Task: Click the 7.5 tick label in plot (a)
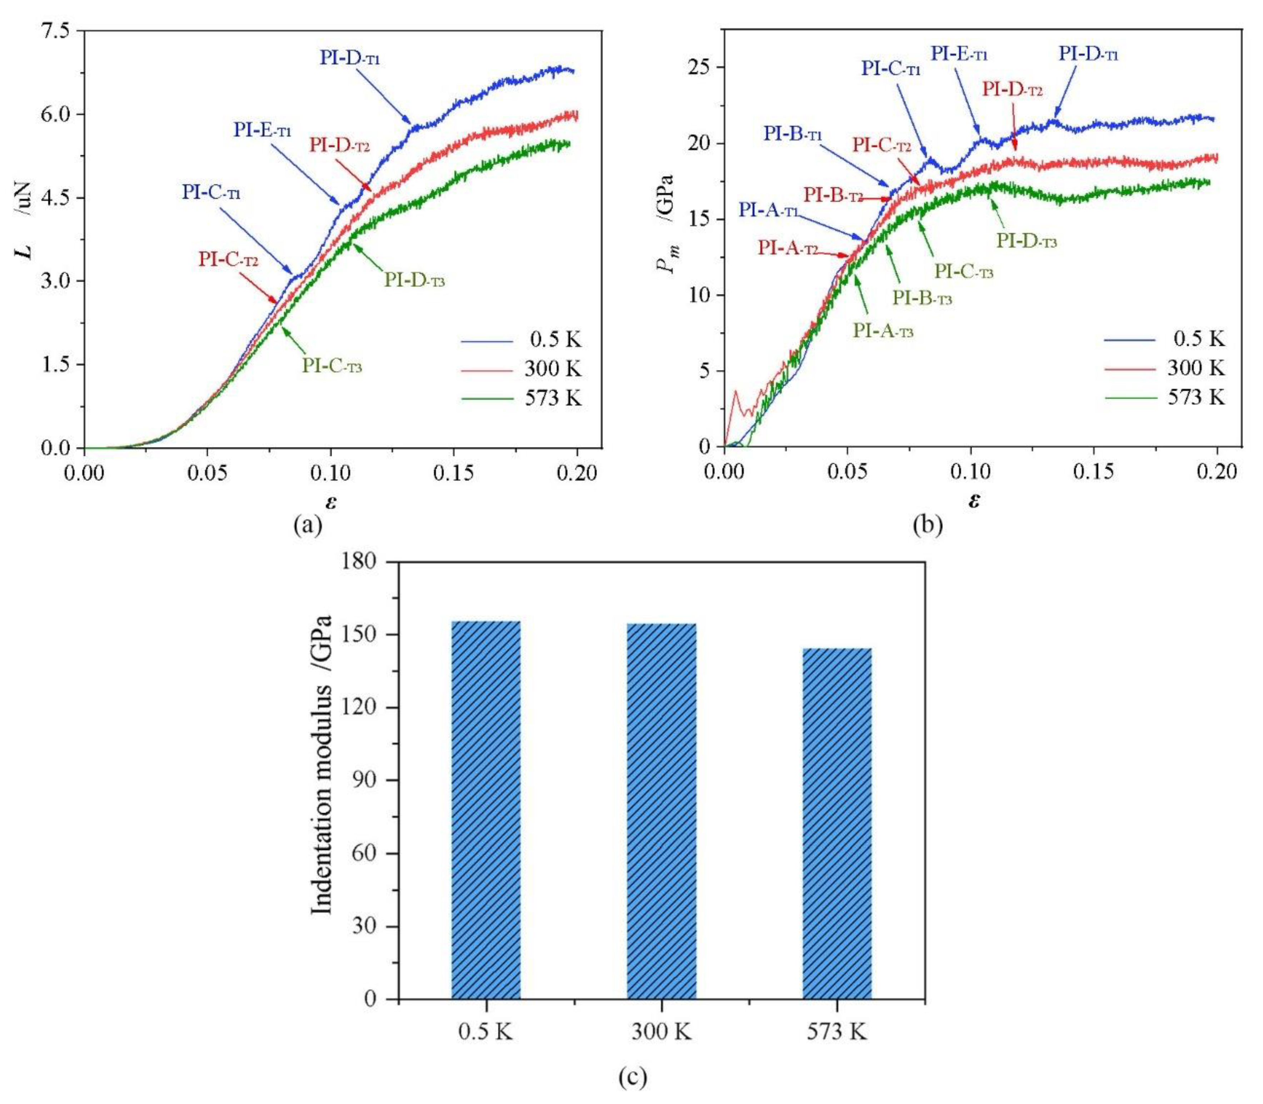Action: click(55, 31)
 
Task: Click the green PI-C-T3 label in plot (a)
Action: click(332, 366)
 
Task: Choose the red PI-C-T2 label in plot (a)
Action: click(228, 259)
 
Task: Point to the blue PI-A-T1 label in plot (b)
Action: click(768, 211)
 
